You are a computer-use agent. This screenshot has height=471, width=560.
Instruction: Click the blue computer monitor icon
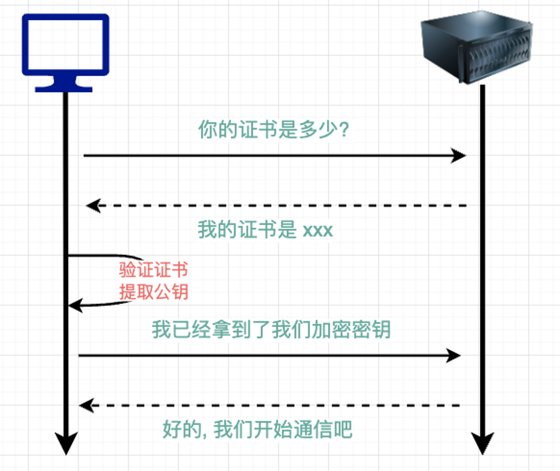[x=66, y=53]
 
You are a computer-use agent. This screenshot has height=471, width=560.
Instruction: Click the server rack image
[x=477, y=47]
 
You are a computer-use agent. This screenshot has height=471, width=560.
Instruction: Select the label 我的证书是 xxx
[x=265, y=230]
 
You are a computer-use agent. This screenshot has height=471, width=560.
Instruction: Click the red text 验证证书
[x=153, y=270]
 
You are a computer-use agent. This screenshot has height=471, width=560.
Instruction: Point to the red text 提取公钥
[x=153, y=292]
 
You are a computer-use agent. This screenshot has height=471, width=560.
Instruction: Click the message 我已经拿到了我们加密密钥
[x=271, y=329]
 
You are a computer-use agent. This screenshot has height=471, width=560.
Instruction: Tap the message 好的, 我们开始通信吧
[x=257, y=429]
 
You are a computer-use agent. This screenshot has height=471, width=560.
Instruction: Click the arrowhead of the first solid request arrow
[x=458, y=156]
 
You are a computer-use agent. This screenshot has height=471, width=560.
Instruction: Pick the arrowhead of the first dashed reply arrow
[x=94, y=206]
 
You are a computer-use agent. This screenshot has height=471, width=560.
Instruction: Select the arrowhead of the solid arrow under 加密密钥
[x=453, y=355]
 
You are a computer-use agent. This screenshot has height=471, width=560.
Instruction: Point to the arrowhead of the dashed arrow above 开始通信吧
[x=87, y=405]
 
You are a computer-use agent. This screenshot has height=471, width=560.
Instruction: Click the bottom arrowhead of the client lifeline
[x=66, y=443]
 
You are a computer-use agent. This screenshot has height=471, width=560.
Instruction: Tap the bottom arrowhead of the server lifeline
[x=482, y=443]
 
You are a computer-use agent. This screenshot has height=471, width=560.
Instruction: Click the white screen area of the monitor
[x=66, y=44]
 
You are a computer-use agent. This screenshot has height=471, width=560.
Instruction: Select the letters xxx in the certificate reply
[x=318, y=231]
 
